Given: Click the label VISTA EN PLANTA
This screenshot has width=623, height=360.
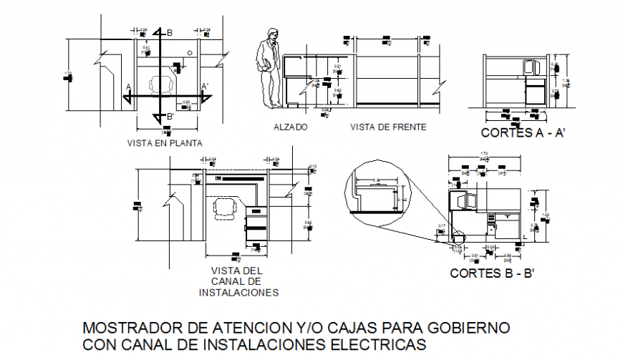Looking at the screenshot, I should coord(164,143).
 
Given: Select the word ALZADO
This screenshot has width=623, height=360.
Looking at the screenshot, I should coord(290,127).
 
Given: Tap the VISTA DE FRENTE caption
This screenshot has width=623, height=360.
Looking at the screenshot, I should coord(388,127).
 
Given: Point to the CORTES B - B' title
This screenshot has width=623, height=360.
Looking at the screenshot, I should coord(493,273).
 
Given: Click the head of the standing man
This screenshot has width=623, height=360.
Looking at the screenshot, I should coord(271,34).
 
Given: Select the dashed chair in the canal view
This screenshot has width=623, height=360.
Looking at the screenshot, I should coord(226,208).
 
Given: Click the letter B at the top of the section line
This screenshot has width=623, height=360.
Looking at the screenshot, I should coord(170,33).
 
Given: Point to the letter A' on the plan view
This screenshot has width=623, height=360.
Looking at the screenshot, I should coord(205,87).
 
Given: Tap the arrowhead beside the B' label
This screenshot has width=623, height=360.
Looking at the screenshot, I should coord(158,115).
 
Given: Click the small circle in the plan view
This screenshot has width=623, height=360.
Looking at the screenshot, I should coord(189,53).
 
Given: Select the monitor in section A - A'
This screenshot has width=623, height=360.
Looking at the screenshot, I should coord(531,68).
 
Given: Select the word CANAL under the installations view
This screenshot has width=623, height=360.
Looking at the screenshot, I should coord(237,281).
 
